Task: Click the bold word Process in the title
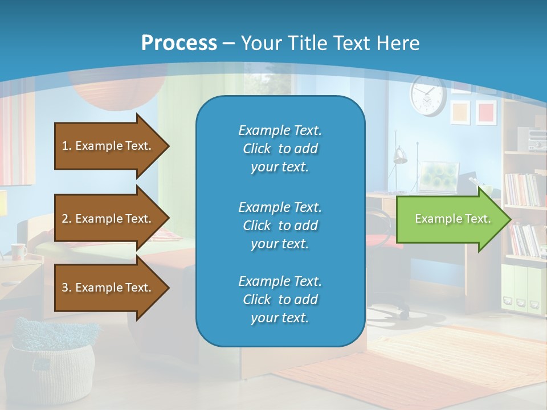[179, 43]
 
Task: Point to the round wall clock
[427, 96]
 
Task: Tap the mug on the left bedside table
[18, 251]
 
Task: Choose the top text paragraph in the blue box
[280, 149]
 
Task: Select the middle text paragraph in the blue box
[280, 225]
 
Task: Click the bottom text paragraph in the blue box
[280, 300]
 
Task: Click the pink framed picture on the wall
[485, 112]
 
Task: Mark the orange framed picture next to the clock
[460, 112]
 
